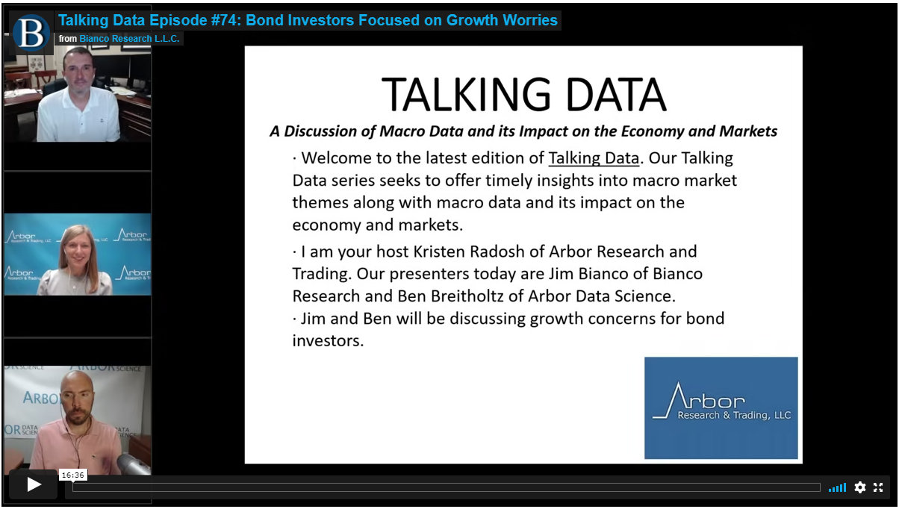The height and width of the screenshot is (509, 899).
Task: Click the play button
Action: point(34,484)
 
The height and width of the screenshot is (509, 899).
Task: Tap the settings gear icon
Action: point(859,487)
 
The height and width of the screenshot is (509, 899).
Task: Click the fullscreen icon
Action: point(878,487)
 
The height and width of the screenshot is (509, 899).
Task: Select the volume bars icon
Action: point(837,487)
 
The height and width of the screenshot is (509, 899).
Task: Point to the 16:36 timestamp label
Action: point(73,475)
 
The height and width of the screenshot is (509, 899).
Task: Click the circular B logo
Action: point(31,33)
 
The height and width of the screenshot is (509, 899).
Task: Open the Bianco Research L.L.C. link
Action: point(129,39)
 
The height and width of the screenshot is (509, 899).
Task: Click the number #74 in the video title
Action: point(225,20)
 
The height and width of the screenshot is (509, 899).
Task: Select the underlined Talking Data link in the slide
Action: point(594,158)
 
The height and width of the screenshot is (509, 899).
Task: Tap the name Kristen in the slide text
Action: point(440,252)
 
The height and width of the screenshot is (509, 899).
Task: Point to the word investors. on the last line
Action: point(328,341)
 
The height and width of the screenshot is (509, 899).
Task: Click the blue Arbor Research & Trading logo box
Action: point(721,407)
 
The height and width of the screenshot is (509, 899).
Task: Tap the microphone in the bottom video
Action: point(134,464)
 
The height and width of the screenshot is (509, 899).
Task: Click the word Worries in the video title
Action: point(530,20)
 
